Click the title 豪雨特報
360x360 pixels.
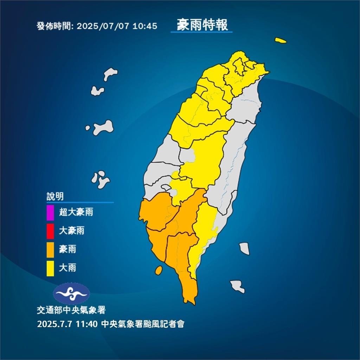coord(202,25)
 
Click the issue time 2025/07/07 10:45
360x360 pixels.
coord(116,26)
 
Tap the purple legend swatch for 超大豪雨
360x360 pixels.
coord(50,212)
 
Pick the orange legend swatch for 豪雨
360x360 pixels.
coord(50,250)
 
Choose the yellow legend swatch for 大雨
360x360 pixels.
coord(50,269)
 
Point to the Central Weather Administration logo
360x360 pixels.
coord(71,293)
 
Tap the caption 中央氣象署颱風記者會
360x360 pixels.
coord(142,324)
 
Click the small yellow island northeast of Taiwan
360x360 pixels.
coord(281,40)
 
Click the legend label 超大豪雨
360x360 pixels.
coord(76,212)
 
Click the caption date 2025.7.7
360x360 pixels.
coord(54,324)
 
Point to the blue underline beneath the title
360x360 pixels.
coord(201,32)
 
